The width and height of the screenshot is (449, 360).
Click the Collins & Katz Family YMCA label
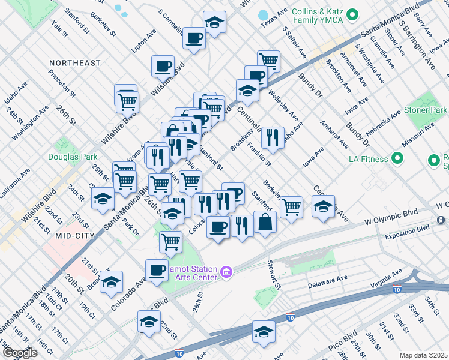[317, 16]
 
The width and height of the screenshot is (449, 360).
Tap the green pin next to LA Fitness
[397, 159]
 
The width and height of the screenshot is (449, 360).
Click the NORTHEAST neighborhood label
[75, 63]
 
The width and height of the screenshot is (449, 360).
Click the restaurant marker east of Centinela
[273, 138]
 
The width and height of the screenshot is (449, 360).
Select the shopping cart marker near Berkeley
[291, 207]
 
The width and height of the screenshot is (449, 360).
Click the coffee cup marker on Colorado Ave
[157, 270]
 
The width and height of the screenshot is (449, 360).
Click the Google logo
[20, 353]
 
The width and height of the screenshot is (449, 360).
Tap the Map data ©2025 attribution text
[423, 355]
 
